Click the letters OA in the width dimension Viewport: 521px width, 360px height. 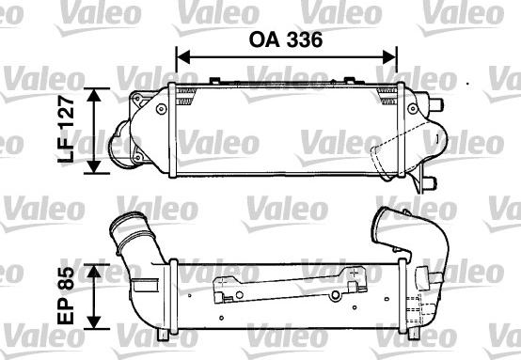[264, 41]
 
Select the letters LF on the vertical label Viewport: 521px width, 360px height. [66, 151]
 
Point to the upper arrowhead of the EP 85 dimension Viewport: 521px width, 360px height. [95, 269]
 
